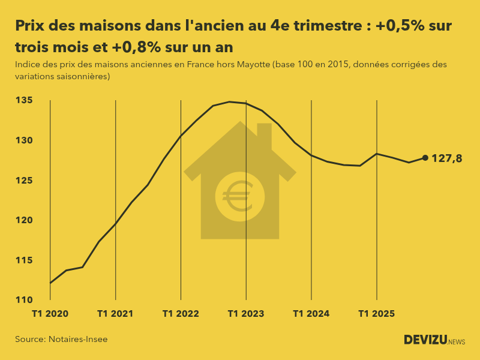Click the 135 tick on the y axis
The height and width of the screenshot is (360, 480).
(x=23, y=100)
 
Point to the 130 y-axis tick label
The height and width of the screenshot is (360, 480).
(x=23, y=140)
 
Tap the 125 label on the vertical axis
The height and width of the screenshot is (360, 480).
(x=23, y=181)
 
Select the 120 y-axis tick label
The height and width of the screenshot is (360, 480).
(x=23, y=220)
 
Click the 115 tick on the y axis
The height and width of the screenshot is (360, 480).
(x=23, y=260)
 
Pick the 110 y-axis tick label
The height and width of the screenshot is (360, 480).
(x=23, y=300)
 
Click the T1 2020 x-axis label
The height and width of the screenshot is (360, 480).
(x=50, y=313)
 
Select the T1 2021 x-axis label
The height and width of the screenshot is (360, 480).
(x=115, y=313)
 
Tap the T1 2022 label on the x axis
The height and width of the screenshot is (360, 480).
(x=181, y=313)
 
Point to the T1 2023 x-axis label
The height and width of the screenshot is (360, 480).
(x=246, y=313)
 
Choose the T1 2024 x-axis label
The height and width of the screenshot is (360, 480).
(x=311, y=313)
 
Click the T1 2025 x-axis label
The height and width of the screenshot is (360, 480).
(x=376, y=313)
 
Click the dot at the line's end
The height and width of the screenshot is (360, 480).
(x=425, y=158)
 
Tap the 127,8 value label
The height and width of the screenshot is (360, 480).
(x=447, y=158)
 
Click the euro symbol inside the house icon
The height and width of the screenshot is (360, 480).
(x=239, y=196)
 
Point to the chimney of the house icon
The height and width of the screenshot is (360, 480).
(x=265, y=133)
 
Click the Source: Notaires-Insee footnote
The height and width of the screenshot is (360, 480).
(x=61, y=340)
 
